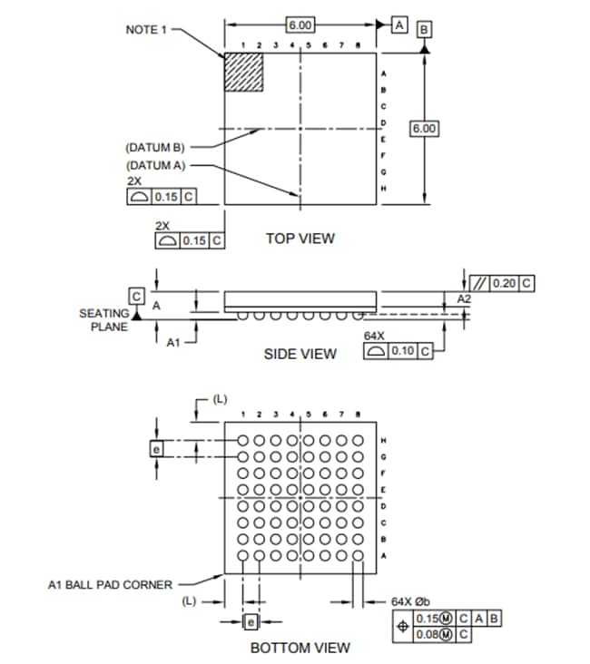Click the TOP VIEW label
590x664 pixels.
pyautogui.click(x=300, y=239)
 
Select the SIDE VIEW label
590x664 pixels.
pyautogui.click(x=300, y=354)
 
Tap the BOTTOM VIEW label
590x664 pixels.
pyautogui.click(x=300, y=648)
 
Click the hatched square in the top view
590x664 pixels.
pyautogui.click(x=244, y=72)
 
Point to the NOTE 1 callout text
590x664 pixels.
pyautogui.click(x=146, y=30)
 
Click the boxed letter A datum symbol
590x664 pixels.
pyautogui.click(x=399, y=24)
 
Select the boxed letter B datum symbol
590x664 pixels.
pyautogui.click(x=424, y=30)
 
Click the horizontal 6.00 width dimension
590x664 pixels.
pyautogui.click(x=300, y=24)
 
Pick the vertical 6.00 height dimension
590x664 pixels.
pyautogui.click(x=424, y=129)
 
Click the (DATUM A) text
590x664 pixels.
pyautogui.click(x=154, y=165)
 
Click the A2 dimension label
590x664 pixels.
pyautogui.click(x=463, y=298)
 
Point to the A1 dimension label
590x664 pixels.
pyautogui.click(x=173, y=342)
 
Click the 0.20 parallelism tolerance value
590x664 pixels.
pyautogui.click(x=504, y=284)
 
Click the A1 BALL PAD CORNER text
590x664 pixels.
pyautogui.click(x=109, y=585)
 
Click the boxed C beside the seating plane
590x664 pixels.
pyautogui.click(x=137, y=297)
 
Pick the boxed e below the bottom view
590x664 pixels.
pyautogui.click(x=251, y=621)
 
